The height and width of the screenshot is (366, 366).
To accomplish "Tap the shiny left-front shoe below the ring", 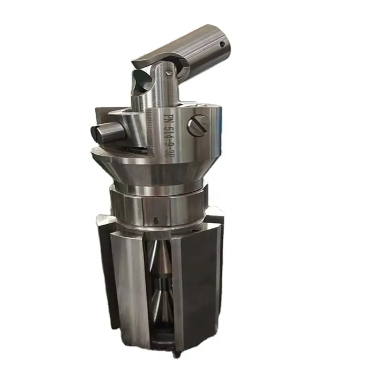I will point(124,284).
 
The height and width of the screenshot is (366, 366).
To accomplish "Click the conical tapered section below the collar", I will point(151,169).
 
